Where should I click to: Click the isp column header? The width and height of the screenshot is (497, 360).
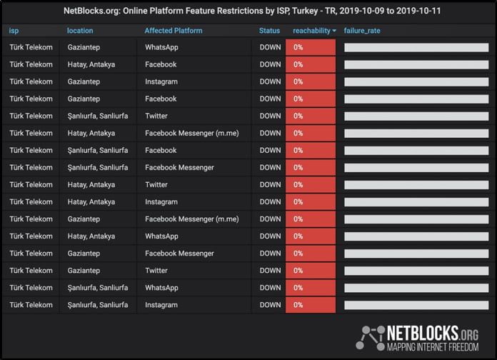[x=14, y=31]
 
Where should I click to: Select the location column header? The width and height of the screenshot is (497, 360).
[x=80, y=31]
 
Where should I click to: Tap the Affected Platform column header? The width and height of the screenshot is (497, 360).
[x=174, y=31]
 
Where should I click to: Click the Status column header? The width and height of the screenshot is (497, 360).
[x=269, y=31]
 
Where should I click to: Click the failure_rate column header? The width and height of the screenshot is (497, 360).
[x=362, y=31]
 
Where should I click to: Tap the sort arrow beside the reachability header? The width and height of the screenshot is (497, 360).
[x=334, y=31]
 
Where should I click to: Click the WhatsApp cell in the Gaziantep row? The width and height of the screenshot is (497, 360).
[x=161, y=47]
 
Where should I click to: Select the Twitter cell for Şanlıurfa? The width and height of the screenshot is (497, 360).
[x=156, y=116]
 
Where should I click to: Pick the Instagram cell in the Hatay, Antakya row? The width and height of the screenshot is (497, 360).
[x=161, y=202]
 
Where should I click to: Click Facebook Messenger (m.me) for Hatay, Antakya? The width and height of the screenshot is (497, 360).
[x=192, y=134]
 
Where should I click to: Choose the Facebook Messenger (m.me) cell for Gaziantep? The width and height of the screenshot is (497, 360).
[x=192, y=219]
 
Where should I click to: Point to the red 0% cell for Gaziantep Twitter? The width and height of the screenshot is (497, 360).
[x=311, y=271]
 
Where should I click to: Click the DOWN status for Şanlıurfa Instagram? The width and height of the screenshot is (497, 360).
[x=270, y=305]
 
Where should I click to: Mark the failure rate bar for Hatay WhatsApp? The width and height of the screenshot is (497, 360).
[x=416, y=236]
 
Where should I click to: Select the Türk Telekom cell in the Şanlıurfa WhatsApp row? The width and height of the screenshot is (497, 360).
[x=31, y=288]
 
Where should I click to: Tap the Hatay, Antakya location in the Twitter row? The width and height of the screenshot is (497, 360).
[x=91, y=185]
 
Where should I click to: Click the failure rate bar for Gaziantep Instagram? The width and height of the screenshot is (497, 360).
[x=416, y=82]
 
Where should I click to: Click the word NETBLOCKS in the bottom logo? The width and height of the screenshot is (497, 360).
[x=423, y=333]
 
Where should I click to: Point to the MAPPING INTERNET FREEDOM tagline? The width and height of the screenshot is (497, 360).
[x=433, y=347]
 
